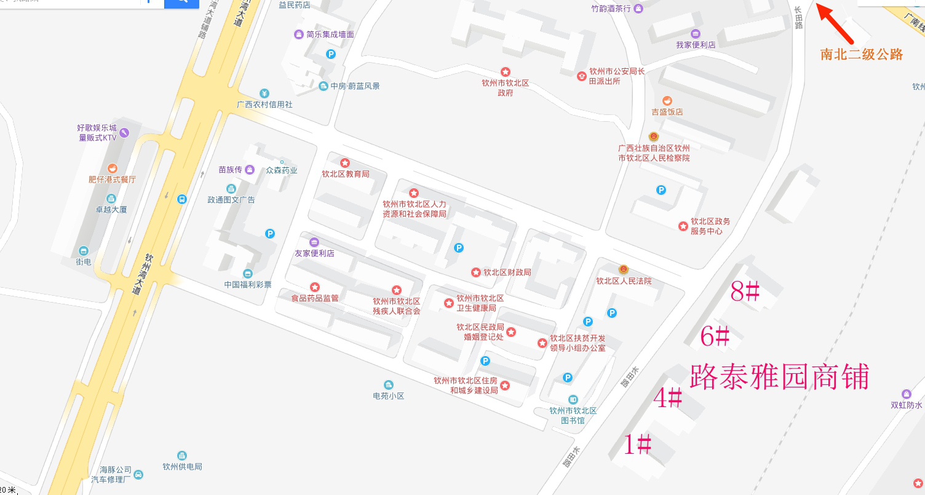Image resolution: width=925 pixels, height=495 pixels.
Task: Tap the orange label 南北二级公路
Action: pyautogui.click(x=862, y=54)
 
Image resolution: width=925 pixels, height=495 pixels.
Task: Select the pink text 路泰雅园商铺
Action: pyautogui.click(x=779, y=376)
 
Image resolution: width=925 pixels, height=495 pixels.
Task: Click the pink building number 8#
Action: pyautogui.click(x=745, y=291)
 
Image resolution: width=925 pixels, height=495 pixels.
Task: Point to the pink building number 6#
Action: pyautogui.click(x=715, y=336)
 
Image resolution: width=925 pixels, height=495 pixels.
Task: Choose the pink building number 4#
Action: pyautogui.click(x=667, y=398)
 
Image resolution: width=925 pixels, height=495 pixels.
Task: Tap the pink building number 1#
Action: pyautogui.click(x=638, y=444)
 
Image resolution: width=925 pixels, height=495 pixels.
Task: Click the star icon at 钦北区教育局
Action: pyautogui.click(x=345, y=163)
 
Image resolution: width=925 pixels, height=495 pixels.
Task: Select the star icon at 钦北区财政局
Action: pyautogui.click(x=475, y=272)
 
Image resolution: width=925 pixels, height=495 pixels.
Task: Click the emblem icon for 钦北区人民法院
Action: pyautogui.click(x=623, y=269)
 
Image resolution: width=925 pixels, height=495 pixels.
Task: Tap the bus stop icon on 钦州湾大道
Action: pyautogui.click(x=182, y=199)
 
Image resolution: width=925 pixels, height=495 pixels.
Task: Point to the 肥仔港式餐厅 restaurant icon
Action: pyautogui.click(x=112, y=168)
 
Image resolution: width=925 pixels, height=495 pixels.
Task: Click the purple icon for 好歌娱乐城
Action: pyautogui.click(x=124, y=132)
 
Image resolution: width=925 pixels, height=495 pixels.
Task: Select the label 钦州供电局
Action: pyautogui.click(x=182, y=466)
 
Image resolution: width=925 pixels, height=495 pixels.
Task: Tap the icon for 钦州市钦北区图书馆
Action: pyautogui.click(x=573, y=399)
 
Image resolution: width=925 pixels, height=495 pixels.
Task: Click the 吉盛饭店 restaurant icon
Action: pyautogui.click(x=667, y=101)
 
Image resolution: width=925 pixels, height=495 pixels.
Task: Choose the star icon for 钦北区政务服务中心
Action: pyautogui.click(x=683, y=226)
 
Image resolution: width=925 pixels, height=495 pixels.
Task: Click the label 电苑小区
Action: pyautogui.click(x=388, y=395)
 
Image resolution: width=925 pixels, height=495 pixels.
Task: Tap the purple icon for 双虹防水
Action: pyautogui.click(x=906, y=394)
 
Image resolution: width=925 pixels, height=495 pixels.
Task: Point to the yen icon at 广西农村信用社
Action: pyautogui.click(x=264, y=93)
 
